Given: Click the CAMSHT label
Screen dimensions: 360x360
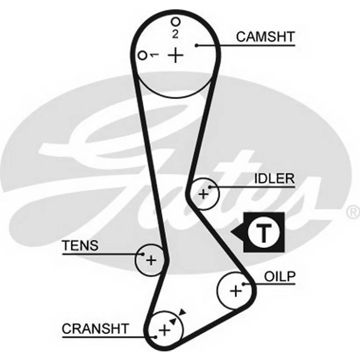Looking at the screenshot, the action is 265,37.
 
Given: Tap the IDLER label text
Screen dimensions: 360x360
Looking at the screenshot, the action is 274,179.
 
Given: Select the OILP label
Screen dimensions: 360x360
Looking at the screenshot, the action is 280,276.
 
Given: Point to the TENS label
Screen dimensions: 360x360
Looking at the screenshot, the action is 80,245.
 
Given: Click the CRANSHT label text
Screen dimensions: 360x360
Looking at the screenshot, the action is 95,329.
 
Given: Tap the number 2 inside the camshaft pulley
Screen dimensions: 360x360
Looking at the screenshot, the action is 175,34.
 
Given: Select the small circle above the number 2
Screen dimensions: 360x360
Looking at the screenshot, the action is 176,22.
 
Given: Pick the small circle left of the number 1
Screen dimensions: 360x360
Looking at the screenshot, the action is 142,55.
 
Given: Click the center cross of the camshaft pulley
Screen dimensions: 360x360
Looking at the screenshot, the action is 176,55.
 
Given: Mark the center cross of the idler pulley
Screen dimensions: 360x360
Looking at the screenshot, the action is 203,194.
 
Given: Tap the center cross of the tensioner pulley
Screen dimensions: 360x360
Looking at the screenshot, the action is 151,260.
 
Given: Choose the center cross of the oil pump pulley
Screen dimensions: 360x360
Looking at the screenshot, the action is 236,291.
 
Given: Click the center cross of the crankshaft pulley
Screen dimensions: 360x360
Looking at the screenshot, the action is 165,330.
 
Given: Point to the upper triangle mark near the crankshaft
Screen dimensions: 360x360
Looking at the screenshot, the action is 183,312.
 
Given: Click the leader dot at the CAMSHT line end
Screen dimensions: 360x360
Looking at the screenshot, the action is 197,45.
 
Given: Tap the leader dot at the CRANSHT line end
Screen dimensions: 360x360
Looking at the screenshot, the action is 156,337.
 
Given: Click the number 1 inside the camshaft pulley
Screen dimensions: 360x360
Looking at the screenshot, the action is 154,55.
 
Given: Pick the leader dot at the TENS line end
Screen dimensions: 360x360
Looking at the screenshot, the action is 143,254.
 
